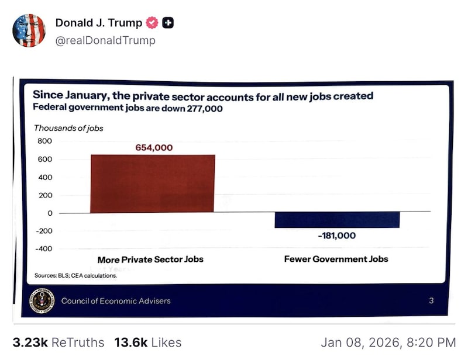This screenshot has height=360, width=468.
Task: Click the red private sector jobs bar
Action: tap(153, 184)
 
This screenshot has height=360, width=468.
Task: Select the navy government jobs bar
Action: tap(337, 220)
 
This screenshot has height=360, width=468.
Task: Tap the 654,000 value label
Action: tap(154, 148)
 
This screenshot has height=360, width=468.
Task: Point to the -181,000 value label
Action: tap(336, 236)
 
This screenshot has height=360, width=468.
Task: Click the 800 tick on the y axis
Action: tap(45, 141)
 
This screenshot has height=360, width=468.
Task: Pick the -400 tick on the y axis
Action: tap(44, 249)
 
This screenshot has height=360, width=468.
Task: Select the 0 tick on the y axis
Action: tap(49, 213)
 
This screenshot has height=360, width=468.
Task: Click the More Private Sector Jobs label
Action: tap(150, 259)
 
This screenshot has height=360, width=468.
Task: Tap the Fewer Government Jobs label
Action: tap(336, 259)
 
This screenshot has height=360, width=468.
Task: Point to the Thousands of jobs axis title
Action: tap(68, 128)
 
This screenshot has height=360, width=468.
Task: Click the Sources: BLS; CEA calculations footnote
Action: tap(75, 275)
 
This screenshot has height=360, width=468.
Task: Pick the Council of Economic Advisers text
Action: tap(116, 301)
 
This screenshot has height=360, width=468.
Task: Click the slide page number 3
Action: tap(431, 301)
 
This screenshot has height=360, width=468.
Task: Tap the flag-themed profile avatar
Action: tap(29, 30)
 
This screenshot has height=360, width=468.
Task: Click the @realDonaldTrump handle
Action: tap(105, 40)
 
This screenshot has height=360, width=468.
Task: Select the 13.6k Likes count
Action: tap(147, 342)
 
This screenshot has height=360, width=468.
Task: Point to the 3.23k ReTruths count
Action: tap(58, 342)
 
